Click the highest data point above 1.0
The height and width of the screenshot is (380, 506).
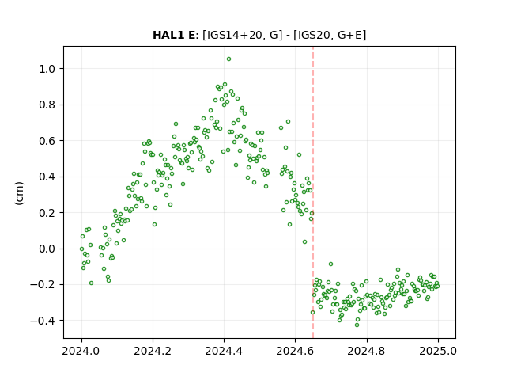click(x=228, y=59)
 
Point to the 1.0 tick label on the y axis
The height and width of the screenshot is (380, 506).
click(x=47, y=69)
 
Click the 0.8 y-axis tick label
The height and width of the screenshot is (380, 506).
click(x=47, y=105)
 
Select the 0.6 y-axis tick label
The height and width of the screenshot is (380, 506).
click(x=47, y=141)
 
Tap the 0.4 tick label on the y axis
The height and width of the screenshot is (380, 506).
click(x=47, y=177)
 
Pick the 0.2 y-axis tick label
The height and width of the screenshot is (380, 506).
click(x=47, y=213)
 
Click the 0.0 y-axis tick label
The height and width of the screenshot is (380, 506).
click(x=47, y=249)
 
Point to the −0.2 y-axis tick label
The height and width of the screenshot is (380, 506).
click(x=43, y=285)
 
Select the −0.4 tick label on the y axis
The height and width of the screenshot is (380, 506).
click(x=43, y=321)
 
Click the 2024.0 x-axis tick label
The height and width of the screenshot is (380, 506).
click(x=81, y=351)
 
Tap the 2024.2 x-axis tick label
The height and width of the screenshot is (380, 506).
click(x=153, y=351)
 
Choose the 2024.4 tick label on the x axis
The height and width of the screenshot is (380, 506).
click(x=224, y=351)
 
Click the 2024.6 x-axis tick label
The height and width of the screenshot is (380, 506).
click(x=295, y=351)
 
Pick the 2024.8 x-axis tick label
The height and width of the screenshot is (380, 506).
click(x=367, y=351)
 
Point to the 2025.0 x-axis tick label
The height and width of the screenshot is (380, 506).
click(x=438, y=351)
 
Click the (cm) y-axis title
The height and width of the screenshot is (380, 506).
click(x=19, y=193)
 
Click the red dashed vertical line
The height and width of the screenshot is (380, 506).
click(x=313, y=192)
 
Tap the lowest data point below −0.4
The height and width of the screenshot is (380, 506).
click(x=357, y=325)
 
